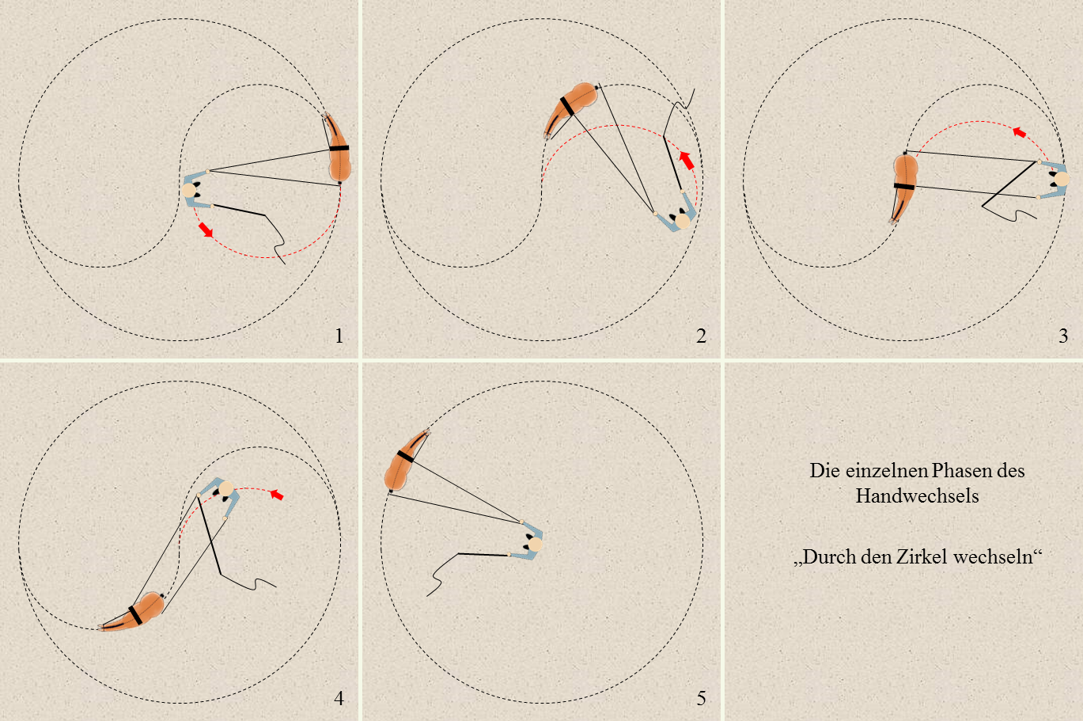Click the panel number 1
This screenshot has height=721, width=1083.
click(x=339, y=336)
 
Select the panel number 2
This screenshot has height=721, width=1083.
click(x=701, y=336)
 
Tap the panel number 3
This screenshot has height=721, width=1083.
click(x=1063, y=336)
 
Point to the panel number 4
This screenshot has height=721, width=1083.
click(x=339, y=698)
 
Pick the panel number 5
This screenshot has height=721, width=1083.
click(x=701, y=698)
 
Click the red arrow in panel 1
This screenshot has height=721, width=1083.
click(x=206, y=230)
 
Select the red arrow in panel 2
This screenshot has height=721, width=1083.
click(x=687, y=160)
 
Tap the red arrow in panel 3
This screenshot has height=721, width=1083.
click(x=1019, y=132)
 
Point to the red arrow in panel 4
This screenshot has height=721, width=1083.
click(x=277, y=495)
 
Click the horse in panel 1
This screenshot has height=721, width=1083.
click(x=338, y=147)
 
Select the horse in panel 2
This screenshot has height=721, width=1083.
click(x=571, y=109)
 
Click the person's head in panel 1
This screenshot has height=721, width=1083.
click(x=188, y=190)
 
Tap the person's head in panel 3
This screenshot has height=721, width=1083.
click(x=1062, y=180)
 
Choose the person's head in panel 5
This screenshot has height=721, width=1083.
click(x=535, y=545)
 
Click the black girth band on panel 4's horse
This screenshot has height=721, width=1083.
click(x=135, y=614)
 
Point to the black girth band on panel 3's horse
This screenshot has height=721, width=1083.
click(x=904, y=186)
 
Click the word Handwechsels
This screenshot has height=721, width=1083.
click(x=917, y=496)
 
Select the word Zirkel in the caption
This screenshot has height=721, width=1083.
click(x=922, y=557)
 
